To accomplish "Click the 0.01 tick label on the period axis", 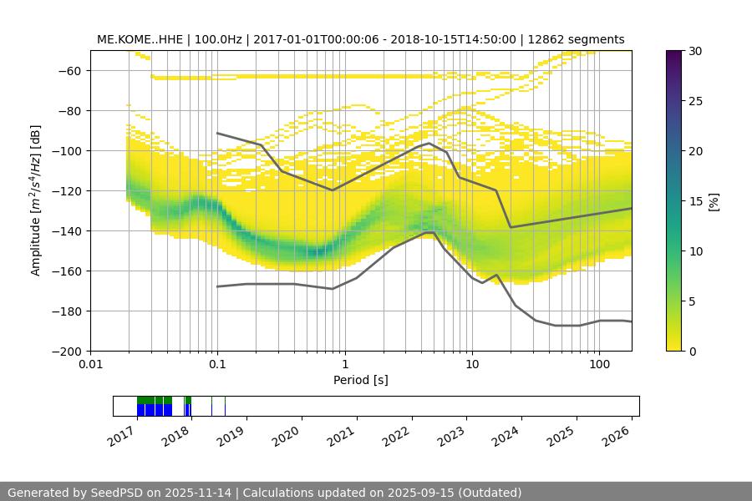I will click(90, 365).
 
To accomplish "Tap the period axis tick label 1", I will click(345, 365).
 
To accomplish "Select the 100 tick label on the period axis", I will click(599, 365).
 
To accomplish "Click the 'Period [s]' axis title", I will click(361, 380).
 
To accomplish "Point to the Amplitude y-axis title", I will click(35, 200).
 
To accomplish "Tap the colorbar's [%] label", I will click(713, 201).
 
